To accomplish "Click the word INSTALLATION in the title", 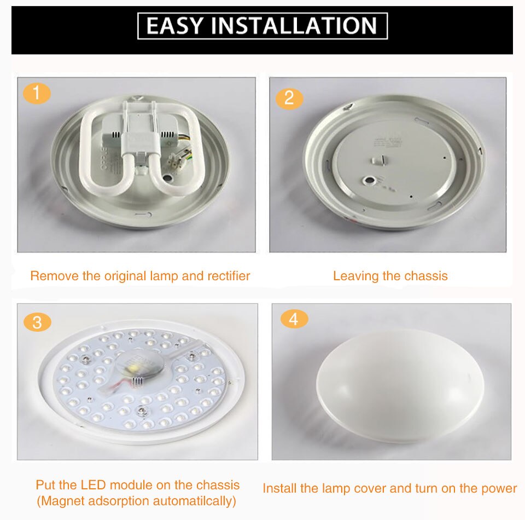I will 294,26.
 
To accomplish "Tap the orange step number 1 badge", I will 37,94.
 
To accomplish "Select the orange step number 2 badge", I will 289,98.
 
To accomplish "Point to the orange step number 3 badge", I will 37,322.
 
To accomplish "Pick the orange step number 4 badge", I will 294,319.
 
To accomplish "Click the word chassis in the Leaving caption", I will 425,276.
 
